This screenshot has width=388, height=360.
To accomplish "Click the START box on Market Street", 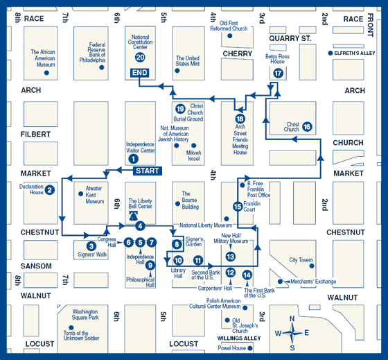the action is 148,171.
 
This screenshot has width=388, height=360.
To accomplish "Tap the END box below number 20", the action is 139,73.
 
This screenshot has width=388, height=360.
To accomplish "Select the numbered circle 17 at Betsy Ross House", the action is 278,74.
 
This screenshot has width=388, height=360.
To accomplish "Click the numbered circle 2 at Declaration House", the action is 50,190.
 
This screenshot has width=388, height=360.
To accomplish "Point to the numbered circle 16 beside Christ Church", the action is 307,127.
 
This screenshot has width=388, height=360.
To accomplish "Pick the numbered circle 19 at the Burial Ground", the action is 180,109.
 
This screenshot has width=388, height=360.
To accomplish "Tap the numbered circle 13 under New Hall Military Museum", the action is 231,257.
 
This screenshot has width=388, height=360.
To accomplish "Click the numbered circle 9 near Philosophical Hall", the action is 150,266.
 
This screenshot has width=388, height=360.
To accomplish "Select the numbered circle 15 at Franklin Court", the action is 238,207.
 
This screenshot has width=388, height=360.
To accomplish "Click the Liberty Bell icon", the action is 133,216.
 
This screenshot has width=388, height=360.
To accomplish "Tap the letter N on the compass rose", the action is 292,318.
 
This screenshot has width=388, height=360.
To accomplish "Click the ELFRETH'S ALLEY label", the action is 355,53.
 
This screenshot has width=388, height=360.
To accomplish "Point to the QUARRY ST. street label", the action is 290,38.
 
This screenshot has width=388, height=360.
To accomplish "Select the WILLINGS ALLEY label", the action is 239,338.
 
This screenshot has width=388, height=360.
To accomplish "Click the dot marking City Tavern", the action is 312,266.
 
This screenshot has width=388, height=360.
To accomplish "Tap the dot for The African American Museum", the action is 46,73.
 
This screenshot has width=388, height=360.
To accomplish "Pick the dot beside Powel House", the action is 250,348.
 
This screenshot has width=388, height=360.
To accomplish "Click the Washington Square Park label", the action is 85,314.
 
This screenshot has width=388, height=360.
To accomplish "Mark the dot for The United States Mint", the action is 177,71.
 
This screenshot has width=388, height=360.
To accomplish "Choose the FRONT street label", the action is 370,25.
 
